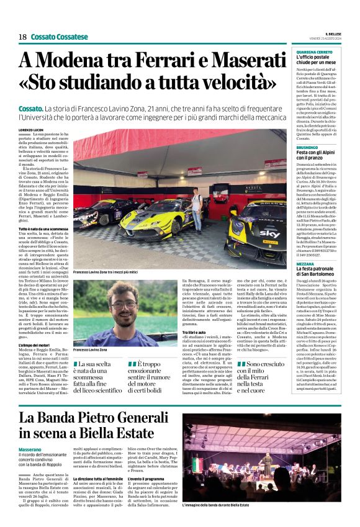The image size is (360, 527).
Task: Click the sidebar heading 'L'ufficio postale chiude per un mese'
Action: pyautogui.click(x=318, y=60)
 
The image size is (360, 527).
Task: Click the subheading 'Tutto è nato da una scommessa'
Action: pyautogui.click(x=43, y=230)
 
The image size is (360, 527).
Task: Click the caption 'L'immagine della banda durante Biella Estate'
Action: pyautogui.click(x=222, y=506)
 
